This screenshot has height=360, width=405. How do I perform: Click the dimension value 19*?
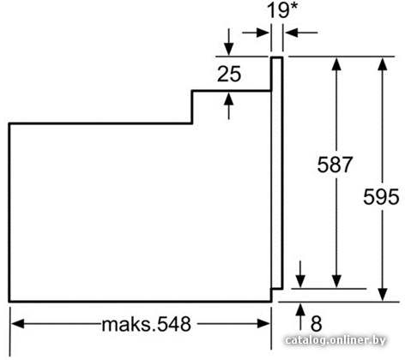click(x=282, y=10)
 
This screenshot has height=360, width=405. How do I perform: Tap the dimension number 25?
click(x=229, y=74)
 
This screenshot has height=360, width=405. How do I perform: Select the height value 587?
click(x=335, y=165)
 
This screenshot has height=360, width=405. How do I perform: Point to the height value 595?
click(x=381, y=196)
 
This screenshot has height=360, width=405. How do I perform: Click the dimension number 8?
click(x=317, y=323)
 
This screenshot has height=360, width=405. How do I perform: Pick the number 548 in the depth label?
click(x=174, y=324)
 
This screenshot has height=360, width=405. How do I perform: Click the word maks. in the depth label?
click(x=129, y=324)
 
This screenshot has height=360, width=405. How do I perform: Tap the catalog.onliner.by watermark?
click(x=335, y=340)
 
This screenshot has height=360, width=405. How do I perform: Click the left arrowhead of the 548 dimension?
click(x=17, y=324)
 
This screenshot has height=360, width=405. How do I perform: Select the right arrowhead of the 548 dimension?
click(x=263, y=324)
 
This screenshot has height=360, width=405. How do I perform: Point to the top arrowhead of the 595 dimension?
click(x=383, y=64)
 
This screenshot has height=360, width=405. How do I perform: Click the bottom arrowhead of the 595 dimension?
click(x=383, y=295)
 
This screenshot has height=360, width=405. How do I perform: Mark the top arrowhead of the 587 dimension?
click(x=337, y=64)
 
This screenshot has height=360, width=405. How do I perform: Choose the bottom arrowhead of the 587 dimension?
click(x=337, y=281)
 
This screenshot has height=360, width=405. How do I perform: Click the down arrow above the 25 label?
click(x=228, y=42)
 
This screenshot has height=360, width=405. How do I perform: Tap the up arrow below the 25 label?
click(x=228, y=106)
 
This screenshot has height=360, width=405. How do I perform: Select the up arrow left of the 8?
click(x=300, y=317)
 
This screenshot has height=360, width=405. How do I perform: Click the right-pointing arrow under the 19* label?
click(x=256, y=33)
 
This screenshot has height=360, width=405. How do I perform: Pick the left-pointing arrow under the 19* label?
click(x=301, y=33)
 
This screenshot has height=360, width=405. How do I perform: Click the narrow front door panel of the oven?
click(x=277, y=173)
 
